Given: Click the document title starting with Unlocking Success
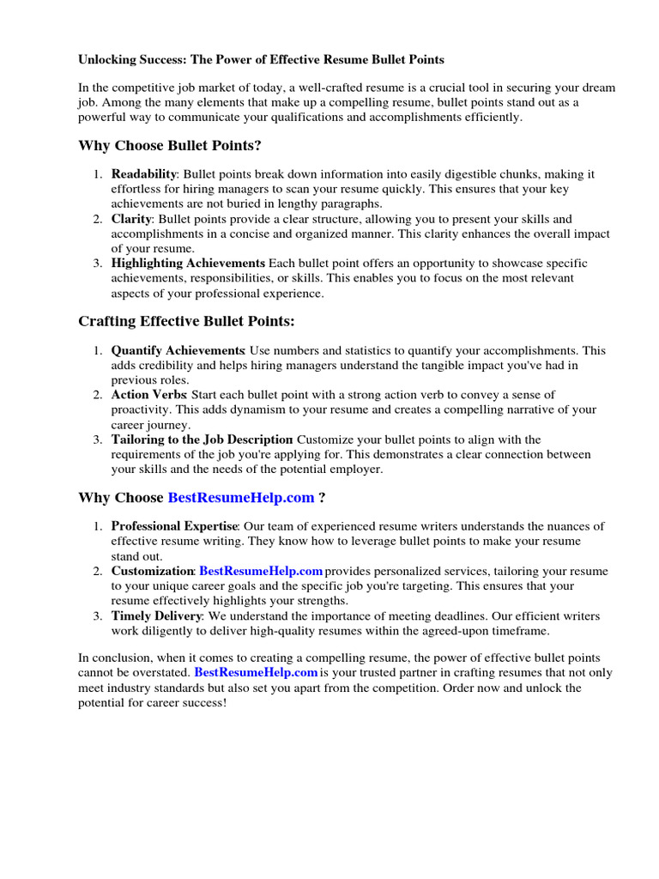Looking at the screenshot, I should pyautogui.click(x=262, y=60).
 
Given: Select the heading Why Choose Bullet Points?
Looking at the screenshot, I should pyautogui.click(x=170, y=145).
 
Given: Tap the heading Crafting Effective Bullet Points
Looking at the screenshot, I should pyautogui.click(x=186, y=321).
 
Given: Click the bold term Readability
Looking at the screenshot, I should pyautogui.click(x=144, y=174).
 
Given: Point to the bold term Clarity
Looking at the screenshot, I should pyautogui.click(x=131, y=219).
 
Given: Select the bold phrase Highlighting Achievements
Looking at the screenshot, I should pyautogui.click(x=188, y=264).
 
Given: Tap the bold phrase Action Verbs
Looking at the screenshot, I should pyautogui.click(x=149, y=395).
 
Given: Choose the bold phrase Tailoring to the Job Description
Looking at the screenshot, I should pyautogui.click(x=202, y=439).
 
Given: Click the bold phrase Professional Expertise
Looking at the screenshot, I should pyautogui.click(x=174, y=526).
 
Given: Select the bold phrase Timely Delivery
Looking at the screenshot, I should pyautogui.click(x=156, y=615).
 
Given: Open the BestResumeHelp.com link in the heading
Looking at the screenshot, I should pyautogui.click(x=241, y=498).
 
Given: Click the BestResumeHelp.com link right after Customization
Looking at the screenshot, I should pyautogui.click(x=261, y=571).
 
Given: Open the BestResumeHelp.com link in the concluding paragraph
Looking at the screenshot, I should pyautogui.click(x=256, y=672).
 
